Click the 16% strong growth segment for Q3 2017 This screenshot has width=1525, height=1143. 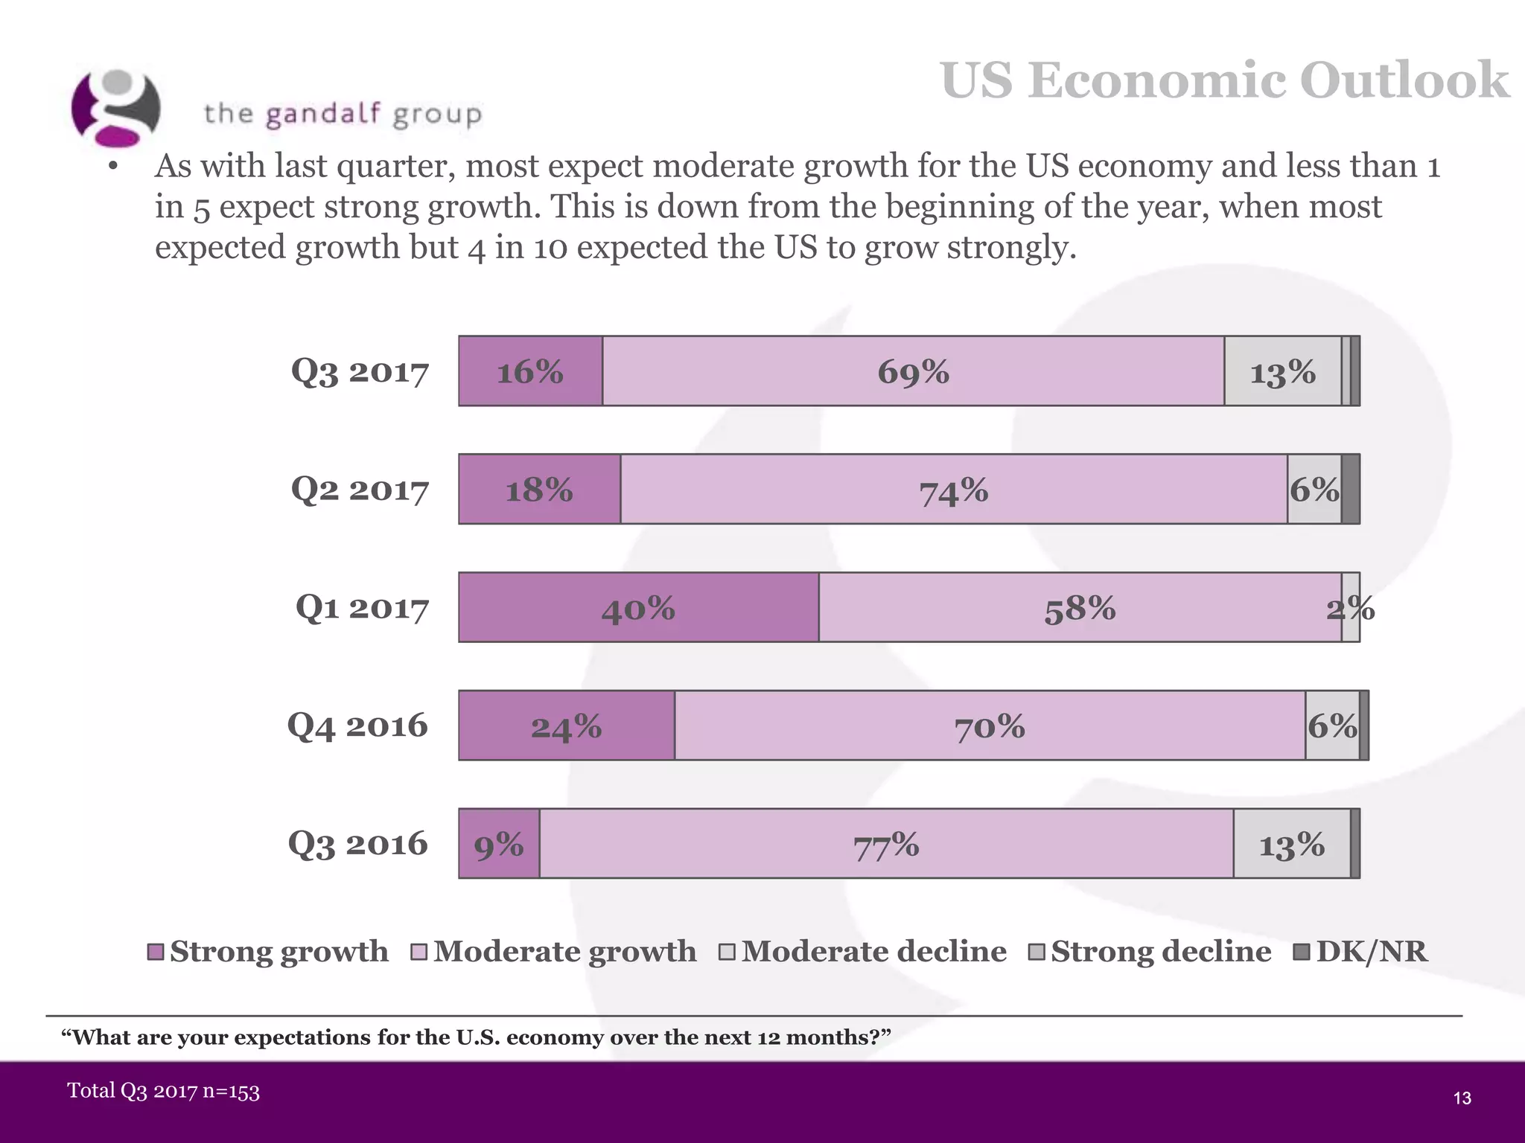tap(530, 371)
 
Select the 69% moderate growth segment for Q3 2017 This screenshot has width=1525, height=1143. tap(913, 371)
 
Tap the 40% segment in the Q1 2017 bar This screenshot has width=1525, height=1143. tap(638, 608)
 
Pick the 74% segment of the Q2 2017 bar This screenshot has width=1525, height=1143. tap(953, 490)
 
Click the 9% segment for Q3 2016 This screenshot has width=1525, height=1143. tap(499, 844)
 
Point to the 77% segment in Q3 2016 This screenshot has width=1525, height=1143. tap(886, 844)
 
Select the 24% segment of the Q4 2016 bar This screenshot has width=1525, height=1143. tap(566, 726)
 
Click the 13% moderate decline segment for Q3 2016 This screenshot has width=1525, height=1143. tap(1291, 844)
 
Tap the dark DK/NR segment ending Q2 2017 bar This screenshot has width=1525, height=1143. tap(1351, 490)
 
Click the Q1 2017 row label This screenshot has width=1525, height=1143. tap(362, 608)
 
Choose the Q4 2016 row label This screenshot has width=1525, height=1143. tap(357, 726)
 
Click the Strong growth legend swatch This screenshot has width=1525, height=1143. tap(156, 952)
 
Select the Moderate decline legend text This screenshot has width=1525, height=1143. tap(873, 952)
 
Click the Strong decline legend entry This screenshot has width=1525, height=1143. tap(1160, 952)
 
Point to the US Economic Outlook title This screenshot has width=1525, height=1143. tap(1224, 80)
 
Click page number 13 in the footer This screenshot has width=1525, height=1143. tap(1462, 1098)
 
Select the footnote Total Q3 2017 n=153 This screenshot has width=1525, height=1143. tap(164, 1091)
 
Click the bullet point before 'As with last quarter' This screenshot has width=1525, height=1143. tap(113, 167)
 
